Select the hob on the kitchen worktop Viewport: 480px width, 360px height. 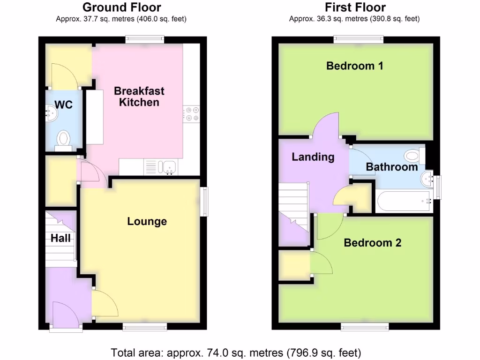(191, 114)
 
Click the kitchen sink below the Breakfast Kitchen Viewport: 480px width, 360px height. (167, 166)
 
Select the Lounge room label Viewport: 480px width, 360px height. (147, 221)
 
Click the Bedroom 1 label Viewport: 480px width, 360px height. (354, 66)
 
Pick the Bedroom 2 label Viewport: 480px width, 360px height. (372, 243)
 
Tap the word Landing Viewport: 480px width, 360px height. (313, 157)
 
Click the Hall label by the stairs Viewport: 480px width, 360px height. (61, 238)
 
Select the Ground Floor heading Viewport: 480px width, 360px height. (121, 7)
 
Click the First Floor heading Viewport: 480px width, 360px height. (355, 7)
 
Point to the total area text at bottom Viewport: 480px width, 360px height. (236, 352)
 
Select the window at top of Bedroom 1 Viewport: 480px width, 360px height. (359, 39)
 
